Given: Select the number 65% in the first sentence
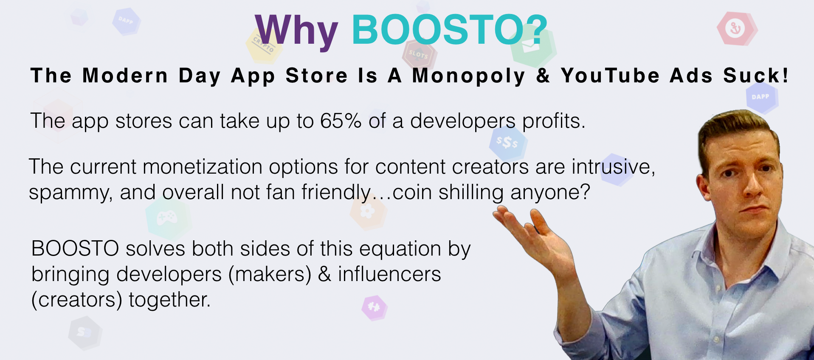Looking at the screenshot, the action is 341,121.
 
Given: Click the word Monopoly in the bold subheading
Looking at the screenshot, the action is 469,76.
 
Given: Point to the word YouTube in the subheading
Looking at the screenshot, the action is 610,76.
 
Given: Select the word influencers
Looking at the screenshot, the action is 389,274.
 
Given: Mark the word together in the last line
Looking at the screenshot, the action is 169,300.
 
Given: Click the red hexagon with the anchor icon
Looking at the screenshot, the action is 737,28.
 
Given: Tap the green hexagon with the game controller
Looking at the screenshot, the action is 168,218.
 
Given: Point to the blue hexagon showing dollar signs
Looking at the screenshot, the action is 508,143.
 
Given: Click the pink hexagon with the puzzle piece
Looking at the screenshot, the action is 374,307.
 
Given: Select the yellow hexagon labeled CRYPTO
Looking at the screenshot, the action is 264,45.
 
